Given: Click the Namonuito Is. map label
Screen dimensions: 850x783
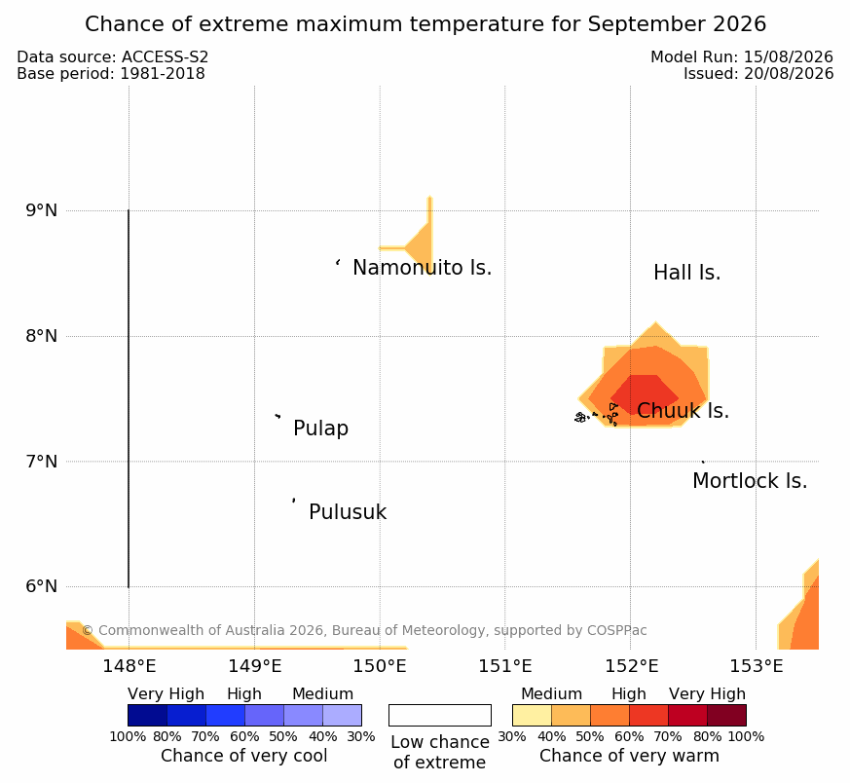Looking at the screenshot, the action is [422, 268].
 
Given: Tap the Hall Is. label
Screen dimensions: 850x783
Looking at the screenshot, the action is [686, 273].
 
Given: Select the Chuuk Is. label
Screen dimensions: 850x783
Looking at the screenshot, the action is [684, 411].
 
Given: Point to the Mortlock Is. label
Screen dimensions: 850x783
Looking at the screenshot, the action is [750, 481].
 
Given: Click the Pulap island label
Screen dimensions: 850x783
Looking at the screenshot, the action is [320, 429].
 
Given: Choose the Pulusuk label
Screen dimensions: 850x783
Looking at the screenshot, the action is [348, 512].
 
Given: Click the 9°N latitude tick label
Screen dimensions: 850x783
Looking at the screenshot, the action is [41, 210].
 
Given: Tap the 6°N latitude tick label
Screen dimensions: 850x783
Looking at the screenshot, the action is [41, 586].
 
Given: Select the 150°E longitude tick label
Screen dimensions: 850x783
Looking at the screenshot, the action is [380, 666].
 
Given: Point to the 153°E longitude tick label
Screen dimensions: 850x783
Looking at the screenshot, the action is [756, 666].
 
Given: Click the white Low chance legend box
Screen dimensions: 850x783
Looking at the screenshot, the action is [440, 715].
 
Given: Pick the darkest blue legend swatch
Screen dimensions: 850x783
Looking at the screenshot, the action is [147, 715].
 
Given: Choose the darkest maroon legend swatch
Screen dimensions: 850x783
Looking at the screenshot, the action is [726, 715].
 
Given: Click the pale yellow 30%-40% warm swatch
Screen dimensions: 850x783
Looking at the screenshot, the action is [532, 715].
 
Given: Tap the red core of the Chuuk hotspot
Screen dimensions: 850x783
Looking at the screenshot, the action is [644, 394].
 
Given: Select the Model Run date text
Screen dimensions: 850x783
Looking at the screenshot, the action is [742, 56].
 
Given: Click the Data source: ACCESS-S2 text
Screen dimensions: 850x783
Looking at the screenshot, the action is [113, 56].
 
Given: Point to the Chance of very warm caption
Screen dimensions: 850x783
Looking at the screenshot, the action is [629, 756].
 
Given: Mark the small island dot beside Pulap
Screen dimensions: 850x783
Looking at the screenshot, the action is [277, 416].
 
